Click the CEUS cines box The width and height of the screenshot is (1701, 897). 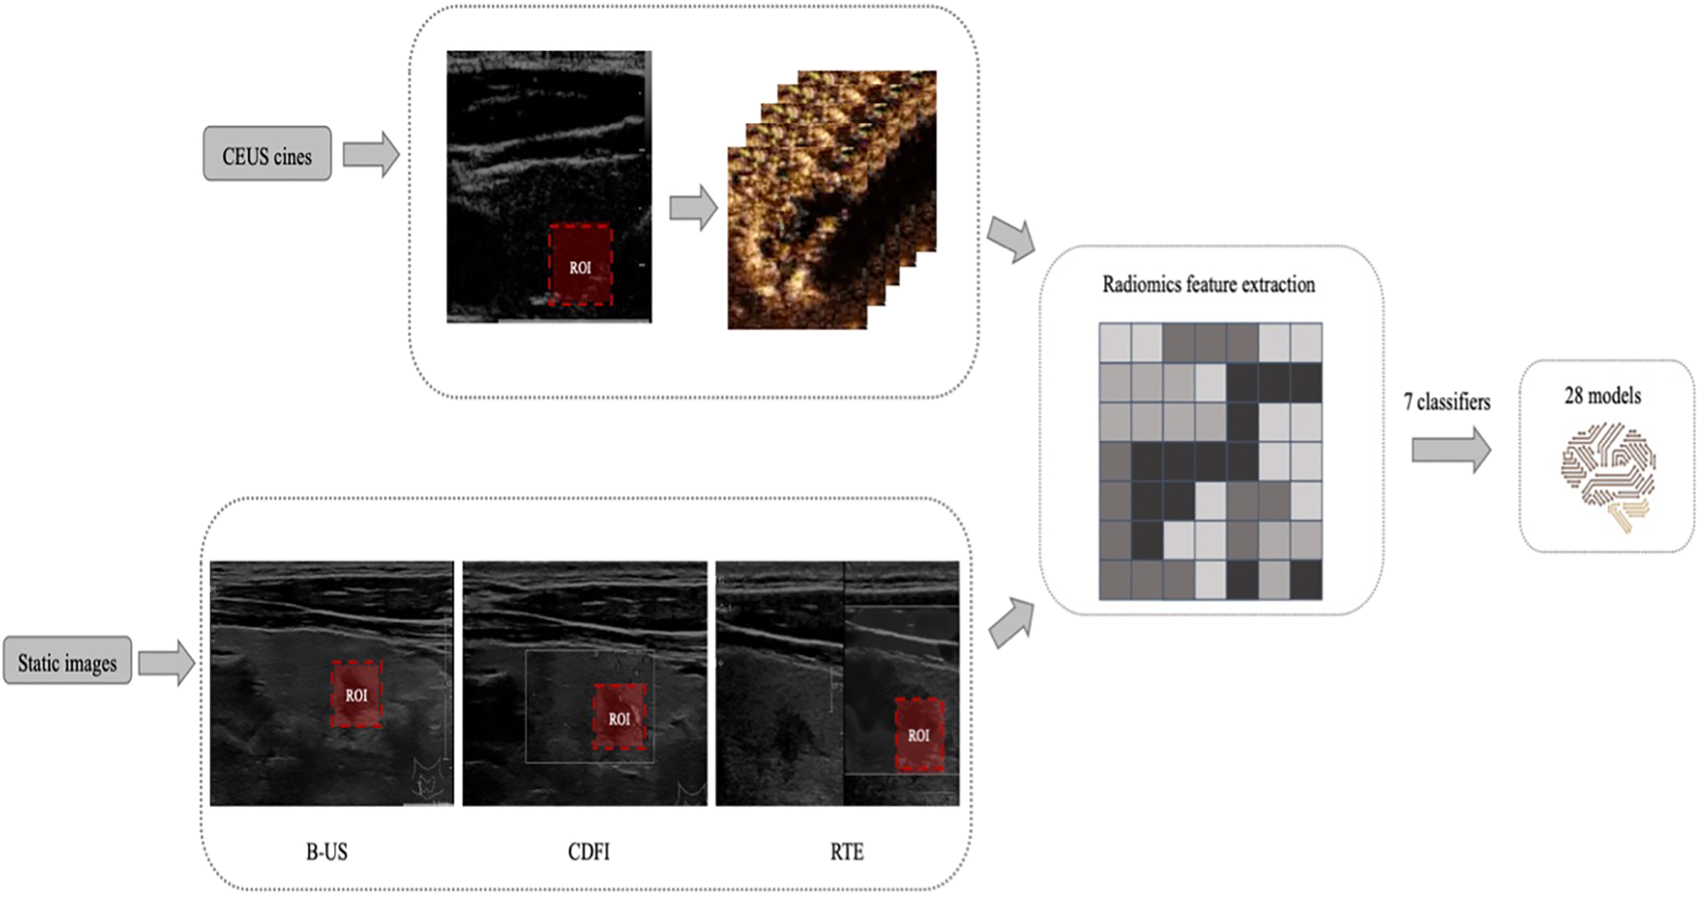[267, 154]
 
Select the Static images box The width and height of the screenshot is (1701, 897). [67, 661]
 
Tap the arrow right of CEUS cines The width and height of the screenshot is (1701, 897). [370, 154]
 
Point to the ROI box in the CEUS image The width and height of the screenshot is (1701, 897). [580, 265]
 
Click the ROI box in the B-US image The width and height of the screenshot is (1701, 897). [357, 694]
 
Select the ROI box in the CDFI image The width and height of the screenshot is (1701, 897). [619, 717]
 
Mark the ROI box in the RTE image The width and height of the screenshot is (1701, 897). [919, 734]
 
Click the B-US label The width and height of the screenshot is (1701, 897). [327, 852]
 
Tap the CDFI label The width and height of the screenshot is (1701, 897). [589, 852]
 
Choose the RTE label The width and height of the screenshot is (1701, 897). [847, 852]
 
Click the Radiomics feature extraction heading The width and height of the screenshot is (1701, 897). [1208, 285]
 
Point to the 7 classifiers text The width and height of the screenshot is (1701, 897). [1447, 403]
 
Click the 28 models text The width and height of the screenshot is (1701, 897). [1603, 396]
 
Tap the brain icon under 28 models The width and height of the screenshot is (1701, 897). [1608, 476]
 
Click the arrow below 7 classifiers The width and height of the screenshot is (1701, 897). [1450, 450]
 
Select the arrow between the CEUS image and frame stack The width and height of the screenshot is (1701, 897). [693, 208]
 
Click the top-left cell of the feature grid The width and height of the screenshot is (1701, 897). [1114, 343]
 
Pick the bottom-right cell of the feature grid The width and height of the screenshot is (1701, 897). [1306, 580]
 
